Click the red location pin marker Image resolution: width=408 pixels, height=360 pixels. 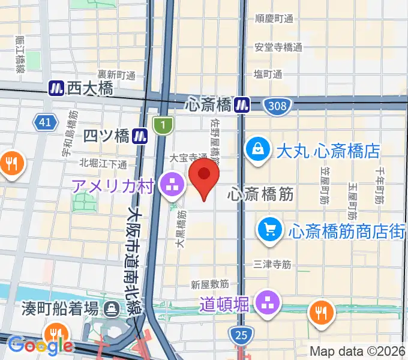click(x=204, y=176)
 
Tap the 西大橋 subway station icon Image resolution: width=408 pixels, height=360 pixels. click(x=56, y=88)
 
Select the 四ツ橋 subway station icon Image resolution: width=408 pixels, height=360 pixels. click(x=141, y=136)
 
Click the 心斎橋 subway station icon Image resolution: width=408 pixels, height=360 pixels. click(x=242, y=105)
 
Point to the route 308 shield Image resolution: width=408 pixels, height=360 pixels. click(x=278, y=106)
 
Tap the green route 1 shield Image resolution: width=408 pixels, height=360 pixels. click(x=163, y=125)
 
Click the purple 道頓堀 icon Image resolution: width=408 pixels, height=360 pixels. click(x=266, y=304)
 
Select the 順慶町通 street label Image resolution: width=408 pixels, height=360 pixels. click(x=274, y=19)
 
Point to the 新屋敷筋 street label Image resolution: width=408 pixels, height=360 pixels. click(x=210, y=283)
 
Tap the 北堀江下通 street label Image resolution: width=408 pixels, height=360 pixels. click(x=103, y=163)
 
